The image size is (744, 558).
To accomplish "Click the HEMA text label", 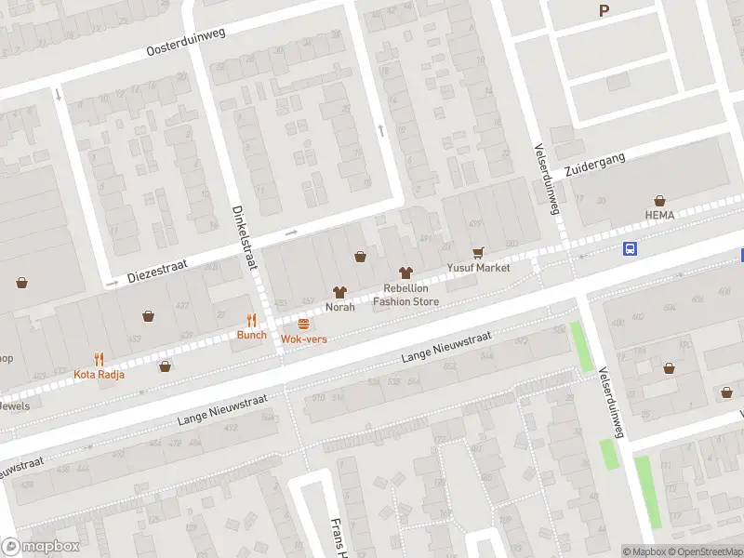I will coord(659,215).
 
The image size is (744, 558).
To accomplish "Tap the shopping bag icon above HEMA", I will coord(659,200).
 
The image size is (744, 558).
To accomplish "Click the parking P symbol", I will coord(604,11).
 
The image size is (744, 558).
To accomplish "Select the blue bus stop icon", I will coord(630,248).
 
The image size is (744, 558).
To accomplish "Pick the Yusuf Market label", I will coord(478,268).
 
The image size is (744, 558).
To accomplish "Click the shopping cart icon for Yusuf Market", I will coord(478,252).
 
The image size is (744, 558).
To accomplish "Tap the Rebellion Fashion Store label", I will coord(405,295).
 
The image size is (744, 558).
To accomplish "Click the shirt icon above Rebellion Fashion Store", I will coord(405,273).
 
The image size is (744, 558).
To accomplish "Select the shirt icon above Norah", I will coord(339,292).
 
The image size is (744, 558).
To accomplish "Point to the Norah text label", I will coord(339,307).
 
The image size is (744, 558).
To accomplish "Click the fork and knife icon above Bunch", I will coord(251,320).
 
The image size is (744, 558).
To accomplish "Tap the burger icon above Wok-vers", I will coord(304,324).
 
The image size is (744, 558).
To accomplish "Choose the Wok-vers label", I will coord(304,339).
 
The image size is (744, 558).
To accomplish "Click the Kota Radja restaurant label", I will coord(98,375).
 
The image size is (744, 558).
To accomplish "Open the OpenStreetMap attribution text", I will coord(704,552).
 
